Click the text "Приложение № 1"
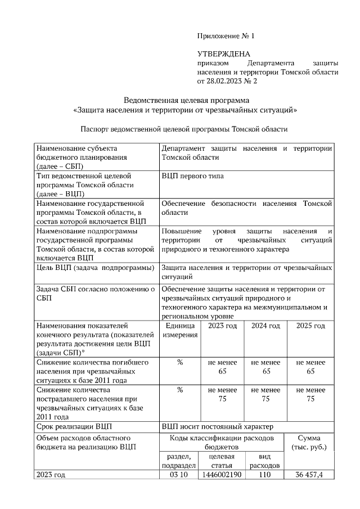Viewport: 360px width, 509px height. coord(226,36)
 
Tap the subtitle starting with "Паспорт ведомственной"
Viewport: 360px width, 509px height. coord(184,129)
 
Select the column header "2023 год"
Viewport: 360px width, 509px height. coord(223,326)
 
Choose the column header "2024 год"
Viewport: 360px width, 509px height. coord(265,326)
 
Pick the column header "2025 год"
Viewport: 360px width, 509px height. coord(310,326)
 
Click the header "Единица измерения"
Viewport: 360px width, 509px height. coord(180,331)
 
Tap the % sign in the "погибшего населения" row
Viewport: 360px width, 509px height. coord(180,362)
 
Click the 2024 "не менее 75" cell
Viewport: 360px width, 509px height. coord(265,394)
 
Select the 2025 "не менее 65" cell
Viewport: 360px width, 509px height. coord(310,367)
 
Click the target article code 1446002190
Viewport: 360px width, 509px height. coord(222,475)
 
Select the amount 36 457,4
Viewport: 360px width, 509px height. coord(310,475)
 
